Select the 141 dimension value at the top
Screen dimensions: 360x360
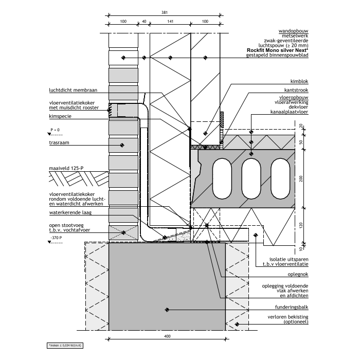coord(169,21)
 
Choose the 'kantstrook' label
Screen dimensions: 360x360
coord(296,91)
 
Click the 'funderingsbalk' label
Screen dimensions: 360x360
coord(292,307)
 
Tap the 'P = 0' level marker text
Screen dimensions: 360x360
coord(55,129)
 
